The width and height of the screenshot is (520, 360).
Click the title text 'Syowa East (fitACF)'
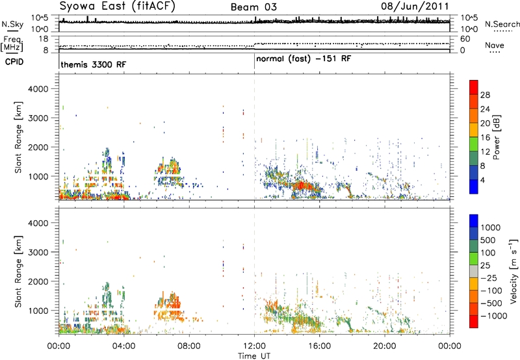coord(118,6)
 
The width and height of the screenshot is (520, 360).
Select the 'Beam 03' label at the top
coord(253,7)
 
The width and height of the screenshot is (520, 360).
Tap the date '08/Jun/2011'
coord(415,6)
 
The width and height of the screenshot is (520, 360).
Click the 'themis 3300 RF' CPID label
coord(94,64)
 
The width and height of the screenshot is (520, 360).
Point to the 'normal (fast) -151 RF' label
coord(304,59)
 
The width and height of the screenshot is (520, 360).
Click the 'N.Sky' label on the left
coord(12,24)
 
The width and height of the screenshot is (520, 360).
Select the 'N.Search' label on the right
coord(502,24)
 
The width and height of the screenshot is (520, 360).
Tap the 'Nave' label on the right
coord(495,45)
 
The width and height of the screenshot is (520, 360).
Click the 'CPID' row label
coord(14,62)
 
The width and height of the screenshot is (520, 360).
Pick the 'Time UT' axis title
coord(254,356)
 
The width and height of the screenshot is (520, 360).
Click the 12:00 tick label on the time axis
coord(254,346)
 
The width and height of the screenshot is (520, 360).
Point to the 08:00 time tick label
coord(189,346)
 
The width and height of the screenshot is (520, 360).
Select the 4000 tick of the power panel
coord(38,89)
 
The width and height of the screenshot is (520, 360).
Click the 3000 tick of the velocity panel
coord(38,252)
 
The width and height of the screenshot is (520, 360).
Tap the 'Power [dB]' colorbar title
coord(496,137)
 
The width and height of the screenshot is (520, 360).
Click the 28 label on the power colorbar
coord(485,95)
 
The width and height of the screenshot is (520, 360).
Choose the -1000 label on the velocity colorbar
coord(494,316)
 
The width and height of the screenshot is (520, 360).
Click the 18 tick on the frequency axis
coord(44,39)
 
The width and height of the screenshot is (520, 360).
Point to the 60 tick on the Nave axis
coord(465,39)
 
